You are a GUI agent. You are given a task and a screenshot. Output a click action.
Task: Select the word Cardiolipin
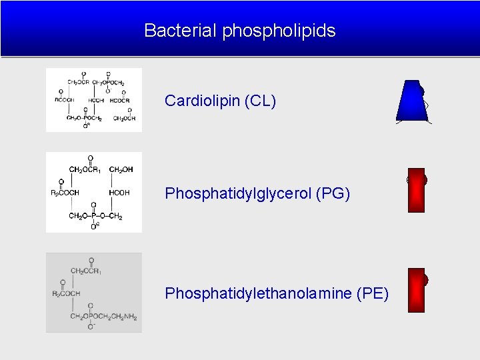203,101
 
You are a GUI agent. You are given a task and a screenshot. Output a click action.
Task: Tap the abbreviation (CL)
261,101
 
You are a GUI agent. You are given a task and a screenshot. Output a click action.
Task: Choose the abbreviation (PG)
333,194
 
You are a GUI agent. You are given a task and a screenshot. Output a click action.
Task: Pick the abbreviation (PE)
373,293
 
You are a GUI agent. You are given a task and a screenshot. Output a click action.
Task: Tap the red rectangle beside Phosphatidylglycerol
415,191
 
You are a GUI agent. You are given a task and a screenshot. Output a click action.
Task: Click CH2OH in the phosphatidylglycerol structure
121,169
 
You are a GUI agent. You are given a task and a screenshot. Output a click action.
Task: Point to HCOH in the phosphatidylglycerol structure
119,193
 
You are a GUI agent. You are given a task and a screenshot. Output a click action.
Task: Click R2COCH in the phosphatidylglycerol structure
65,193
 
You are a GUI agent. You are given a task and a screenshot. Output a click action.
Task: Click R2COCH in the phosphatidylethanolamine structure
66,293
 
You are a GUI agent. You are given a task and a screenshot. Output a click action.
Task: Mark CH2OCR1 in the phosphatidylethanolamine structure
87,271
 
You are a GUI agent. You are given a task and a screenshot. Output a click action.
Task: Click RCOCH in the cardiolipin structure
65,100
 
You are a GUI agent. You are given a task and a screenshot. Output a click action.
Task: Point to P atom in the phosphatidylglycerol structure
93,215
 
